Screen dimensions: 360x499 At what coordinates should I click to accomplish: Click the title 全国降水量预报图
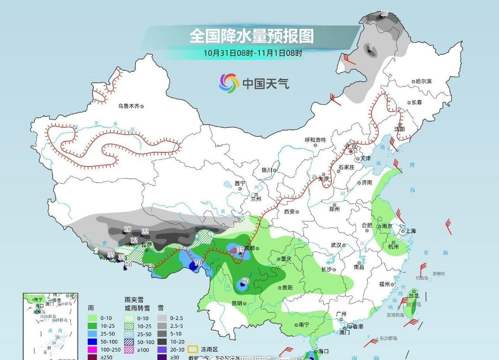[251, 36]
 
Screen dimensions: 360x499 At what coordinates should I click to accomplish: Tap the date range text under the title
[253, 53]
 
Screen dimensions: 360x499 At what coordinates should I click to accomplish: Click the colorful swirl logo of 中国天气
[229, 83]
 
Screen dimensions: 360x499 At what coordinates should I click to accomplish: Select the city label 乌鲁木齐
[129, 106]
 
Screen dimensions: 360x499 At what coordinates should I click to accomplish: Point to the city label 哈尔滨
[424, 81]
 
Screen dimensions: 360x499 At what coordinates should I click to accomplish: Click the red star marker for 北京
[350, 152]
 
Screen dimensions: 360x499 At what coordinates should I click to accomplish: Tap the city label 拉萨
[147, 245]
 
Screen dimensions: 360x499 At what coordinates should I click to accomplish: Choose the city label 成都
[249, 248]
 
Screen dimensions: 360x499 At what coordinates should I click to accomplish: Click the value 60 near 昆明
[245, 281]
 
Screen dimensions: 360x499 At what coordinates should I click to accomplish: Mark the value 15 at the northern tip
[384, 14]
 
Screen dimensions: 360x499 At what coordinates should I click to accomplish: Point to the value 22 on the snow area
[145, 231]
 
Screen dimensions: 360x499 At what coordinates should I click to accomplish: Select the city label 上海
[411, 231]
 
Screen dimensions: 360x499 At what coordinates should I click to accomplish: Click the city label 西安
[289, 212]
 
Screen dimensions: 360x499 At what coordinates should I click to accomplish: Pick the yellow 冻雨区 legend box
[193, 349]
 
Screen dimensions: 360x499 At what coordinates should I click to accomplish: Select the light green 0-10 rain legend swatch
[92, 318]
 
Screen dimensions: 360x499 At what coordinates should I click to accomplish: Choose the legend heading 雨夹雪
[134, 300]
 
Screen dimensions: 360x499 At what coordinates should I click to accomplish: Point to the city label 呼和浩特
[315, 140]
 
